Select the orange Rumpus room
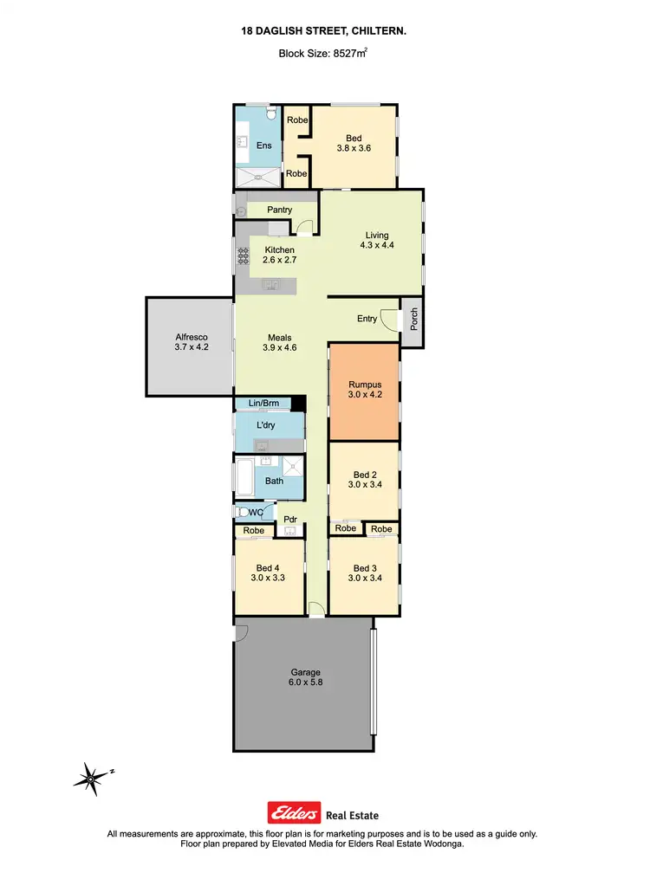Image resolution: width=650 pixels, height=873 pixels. (365, 391)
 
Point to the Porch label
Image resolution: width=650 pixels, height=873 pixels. (414, 320)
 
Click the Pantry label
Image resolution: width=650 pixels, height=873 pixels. (279, 210)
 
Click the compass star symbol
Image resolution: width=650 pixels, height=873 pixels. (91, 777)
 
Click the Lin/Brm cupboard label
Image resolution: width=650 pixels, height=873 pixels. (263, 404)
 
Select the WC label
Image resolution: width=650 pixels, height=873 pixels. (257, 513)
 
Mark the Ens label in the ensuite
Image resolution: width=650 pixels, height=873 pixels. (263, 145)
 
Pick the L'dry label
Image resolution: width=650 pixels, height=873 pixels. (267, 426)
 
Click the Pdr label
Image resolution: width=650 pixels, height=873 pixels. (289, 520)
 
